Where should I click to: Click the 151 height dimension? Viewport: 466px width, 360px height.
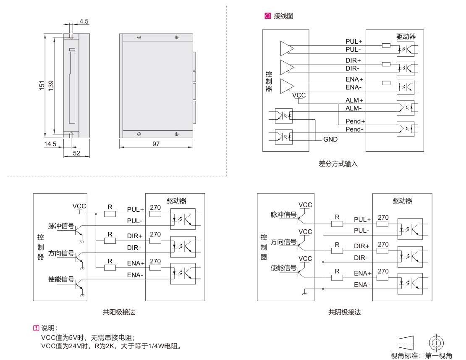point(42,85)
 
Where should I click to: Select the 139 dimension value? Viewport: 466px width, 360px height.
point(51,85)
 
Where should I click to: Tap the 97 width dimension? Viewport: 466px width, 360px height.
point(156,144)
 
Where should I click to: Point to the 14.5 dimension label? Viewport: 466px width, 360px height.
point(50,144)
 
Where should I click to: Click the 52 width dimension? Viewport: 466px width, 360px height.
point(76,153)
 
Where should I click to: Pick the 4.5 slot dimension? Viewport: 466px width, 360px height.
point(84,21)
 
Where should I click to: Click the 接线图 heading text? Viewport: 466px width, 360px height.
point(283,16)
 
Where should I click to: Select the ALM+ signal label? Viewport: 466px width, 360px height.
point(354,100)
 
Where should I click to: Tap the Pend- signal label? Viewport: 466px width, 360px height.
point(354,129)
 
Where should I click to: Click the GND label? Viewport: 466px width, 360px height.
point(330,139)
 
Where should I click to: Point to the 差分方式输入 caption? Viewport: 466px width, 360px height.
point(338,164)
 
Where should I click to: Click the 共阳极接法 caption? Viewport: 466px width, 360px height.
point(119,312)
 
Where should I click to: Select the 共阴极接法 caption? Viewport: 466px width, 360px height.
point(344,312)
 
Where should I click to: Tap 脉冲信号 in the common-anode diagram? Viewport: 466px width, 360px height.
point(61,226)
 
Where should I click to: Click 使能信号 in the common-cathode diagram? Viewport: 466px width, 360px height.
point(283,268)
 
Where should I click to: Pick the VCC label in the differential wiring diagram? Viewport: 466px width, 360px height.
point(299,95)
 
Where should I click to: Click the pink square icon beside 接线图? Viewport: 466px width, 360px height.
point(267,16)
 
